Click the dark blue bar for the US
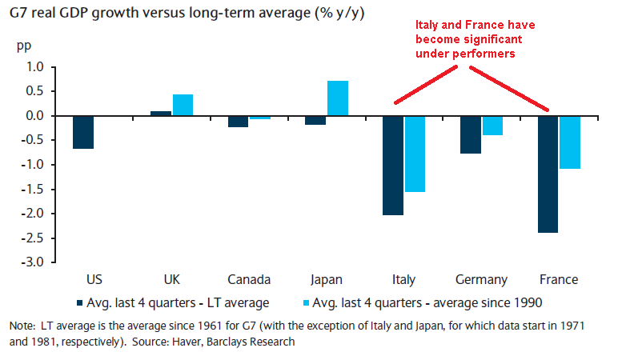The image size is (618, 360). (83, 132)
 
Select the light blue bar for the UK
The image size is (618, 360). (183, 105)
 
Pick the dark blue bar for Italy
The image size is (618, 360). (393, 166)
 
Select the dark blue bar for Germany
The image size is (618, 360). (470, 134)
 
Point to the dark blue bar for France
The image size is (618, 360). (548, 174)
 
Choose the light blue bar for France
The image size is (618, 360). (569, 142)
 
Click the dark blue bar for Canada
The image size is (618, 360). (238, 122)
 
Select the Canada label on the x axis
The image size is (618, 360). (249, 280)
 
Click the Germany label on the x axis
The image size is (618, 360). (481, 280)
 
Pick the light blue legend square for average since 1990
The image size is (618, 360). (305, 302)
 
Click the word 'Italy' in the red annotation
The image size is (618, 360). (429, 26)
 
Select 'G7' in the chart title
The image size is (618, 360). (21, 14)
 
